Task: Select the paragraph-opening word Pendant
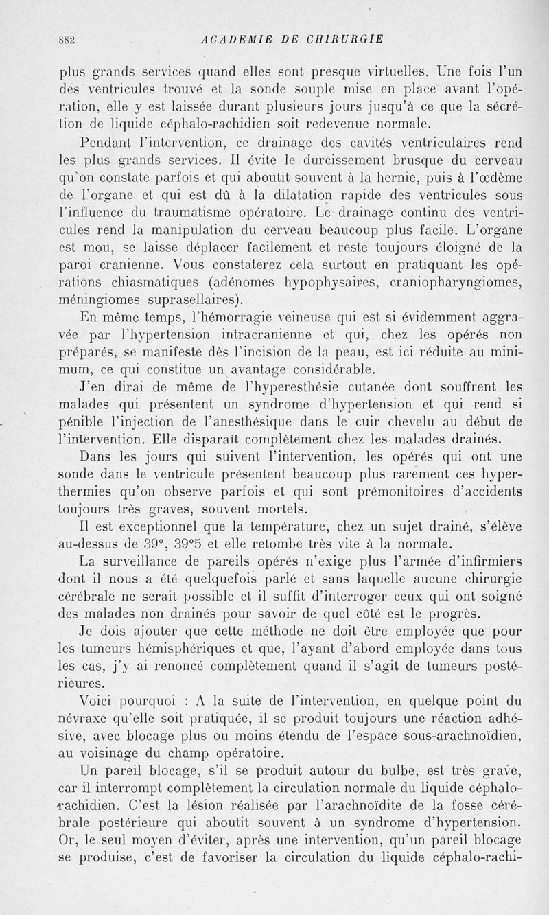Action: click(x=107, y=144)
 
